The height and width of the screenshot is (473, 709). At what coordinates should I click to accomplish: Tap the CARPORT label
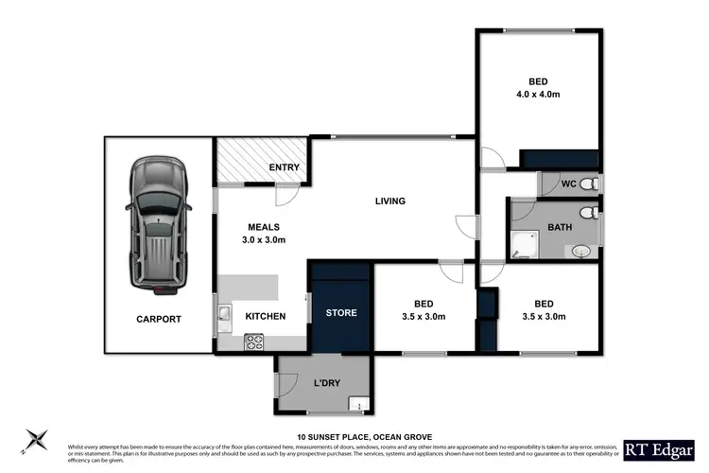(157, 320)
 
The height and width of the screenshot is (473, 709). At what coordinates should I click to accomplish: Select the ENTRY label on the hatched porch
(284, 168)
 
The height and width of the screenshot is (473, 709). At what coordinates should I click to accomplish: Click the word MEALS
(264, 227)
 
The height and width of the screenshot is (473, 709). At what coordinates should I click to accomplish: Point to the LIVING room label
(389, 201)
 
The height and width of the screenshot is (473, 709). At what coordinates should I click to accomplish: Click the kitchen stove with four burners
(254, 344)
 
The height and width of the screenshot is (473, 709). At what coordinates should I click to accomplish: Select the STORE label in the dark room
(341, 313)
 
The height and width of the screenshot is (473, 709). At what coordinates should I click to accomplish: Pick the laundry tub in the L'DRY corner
(359, 405)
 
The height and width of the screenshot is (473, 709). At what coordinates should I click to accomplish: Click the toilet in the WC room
(587, 184)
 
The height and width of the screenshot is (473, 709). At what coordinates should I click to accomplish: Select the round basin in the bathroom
(581, 251)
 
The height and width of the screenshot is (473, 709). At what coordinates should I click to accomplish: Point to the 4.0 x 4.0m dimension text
(538, 95)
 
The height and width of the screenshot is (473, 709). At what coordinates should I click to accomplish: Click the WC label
(568, 183)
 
